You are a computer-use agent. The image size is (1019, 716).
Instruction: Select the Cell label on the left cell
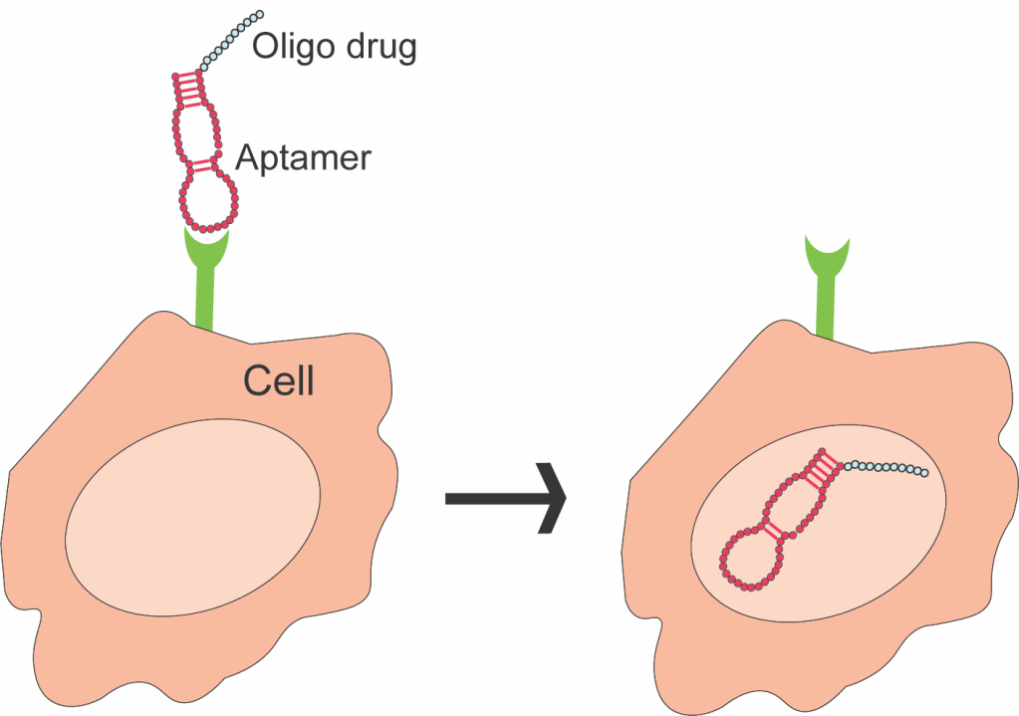tap(279, 379)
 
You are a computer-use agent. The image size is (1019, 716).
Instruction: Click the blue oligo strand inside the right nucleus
tap(887, 467)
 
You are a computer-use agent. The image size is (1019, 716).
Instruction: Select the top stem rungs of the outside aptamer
tap(187, 89)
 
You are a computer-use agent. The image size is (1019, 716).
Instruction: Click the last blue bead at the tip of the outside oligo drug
tap(260, 15)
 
